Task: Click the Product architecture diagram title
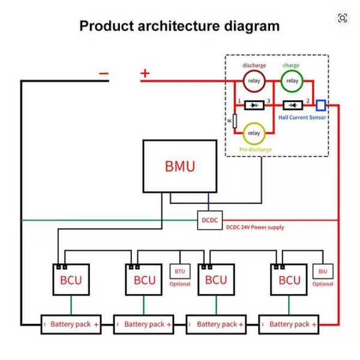[179, 26]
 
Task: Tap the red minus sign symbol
[104, 74]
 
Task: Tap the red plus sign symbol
[145, 73]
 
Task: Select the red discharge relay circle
[254, 80]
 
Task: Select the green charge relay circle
[292, 80]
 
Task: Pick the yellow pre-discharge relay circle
[254, 133]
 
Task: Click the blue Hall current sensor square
[320, 105]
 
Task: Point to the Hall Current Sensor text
[302, 118]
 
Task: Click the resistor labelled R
[235, 121]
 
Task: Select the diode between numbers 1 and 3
[254, 105]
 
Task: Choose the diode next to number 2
[292, 105]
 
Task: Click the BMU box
[179, 166]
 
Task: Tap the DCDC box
[209, 220]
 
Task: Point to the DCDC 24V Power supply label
[255, 227]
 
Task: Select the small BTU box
[180, 272]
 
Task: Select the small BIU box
[323, 272]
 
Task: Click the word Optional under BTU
[180, 284]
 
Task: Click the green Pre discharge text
[255, 149]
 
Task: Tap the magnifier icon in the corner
[342, 18]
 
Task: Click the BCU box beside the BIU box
[289, 280]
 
